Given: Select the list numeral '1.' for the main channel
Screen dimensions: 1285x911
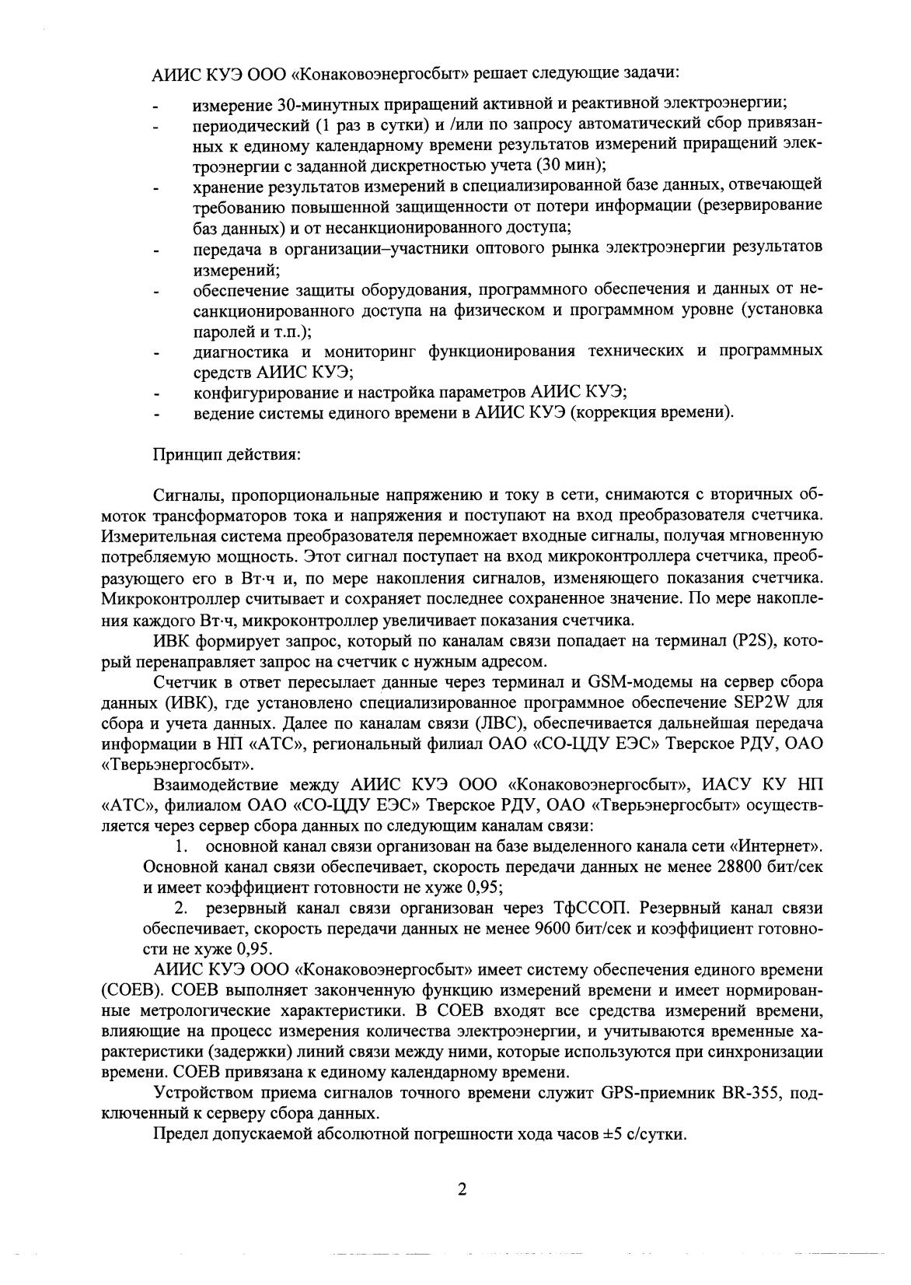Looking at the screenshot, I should click(183, 846).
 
